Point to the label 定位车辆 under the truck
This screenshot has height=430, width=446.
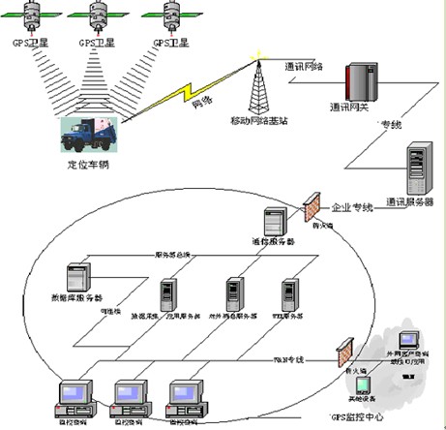87,166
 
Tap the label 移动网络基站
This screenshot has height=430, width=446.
258,120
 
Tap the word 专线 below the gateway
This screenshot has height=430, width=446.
390,125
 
